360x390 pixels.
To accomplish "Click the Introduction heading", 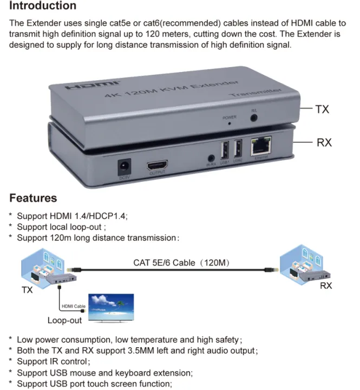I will [x=43, y=6].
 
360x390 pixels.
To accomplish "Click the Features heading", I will [x=32, y=198].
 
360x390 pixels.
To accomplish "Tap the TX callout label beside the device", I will [x=322, y=109].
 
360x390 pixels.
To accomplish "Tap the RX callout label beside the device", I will [x=324, y=142].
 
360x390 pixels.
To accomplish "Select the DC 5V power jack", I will [x=125, y=165].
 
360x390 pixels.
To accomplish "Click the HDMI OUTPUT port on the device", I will [x=156, y=165].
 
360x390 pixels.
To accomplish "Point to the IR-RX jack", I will [x=211, y=161].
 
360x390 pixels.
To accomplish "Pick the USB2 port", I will [x=238, y=149].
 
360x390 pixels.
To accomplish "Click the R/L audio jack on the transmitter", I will [x=253, y=116].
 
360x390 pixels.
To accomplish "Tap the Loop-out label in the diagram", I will [x=64, y=320].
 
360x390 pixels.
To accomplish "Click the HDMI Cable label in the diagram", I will [x=74, y=307].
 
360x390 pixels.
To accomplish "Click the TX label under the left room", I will [x=27, y=290].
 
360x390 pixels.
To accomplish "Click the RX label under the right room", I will [x=325, y=285].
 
